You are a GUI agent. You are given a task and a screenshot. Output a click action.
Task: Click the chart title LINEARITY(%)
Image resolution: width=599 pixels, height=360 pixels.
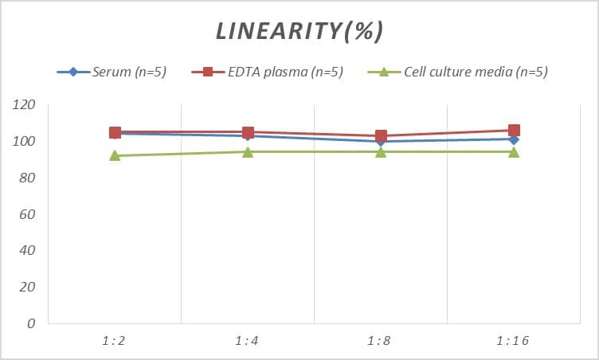click(299, 31)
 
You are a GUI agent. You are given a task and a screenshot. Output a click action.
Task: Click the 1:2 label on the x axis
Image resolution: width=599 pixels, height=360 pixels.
click(114, 341)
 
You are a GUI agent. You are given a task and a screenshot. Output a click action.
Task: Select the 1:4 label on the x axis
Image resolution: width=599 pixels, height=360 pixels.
click(247, 341)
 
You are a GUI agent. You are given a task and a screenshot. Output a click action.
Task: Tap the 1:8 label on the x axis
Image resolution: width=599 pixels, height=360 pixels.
click(380, 341)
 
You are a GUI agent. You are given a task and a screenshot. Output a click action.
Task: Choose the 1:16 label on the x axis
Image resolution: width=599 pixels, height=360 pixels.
click(513, 341)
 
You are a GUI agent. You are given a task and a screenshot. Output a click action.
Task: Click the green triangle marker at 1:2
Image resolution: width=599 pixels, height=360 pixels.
click(115, 155)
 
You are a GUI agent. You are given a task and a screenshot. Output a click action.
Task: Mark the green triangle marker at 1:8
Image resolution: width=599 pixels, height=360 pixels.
click(381, 151)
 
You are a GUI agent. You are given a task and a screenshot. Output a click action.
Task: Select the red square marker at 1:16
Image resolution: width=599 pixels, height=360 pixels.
click(514, 131)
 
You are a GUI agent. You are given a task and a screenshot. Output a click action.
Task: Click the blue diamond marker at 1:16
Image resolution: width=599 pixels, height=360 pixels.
click(514, 139)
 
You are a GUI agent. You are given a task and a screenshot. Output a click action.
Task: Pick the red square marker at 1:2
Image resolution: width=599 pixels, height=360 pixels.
click(115, 132)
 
